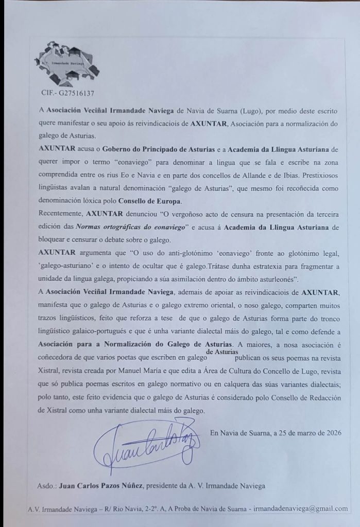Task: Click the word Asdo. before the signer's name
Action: (47, 485)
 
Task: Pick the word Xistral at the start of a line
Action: (50, 367)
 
